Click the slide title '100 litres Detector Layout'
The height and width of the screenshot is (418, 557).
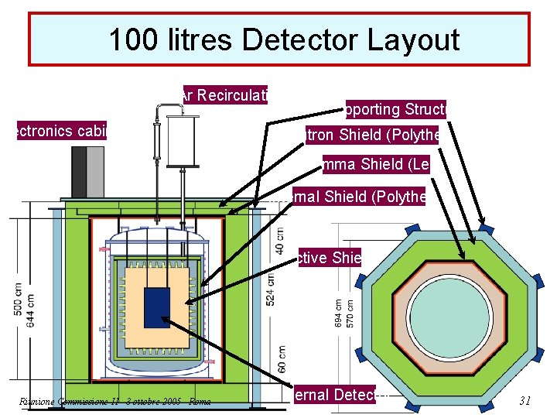[x=283, y=39]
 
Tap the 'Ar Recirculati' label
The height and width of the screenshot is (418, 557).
[x=224, y=95]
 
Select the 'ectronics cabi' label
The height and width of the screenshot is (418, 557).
[x=61, y=131]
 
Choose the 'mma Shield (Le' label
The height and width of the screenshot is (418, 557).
[x=377, y=164]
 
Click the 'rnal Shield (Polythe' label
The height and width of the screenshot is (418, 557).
[x=358, y=197]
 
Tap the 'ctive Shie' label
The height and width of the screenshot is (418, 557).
[x=329, y=258]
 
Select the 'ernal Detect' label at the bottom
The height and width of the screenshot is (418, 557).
[x=333, y=395]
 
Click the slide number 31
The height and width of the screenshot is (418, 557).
[x=525, y=400]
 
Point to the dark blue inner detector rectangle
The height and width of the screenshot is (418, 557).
[x=157, y=313]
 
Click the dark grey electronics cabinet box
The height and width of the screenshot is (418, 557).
[x=79, y=171]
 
